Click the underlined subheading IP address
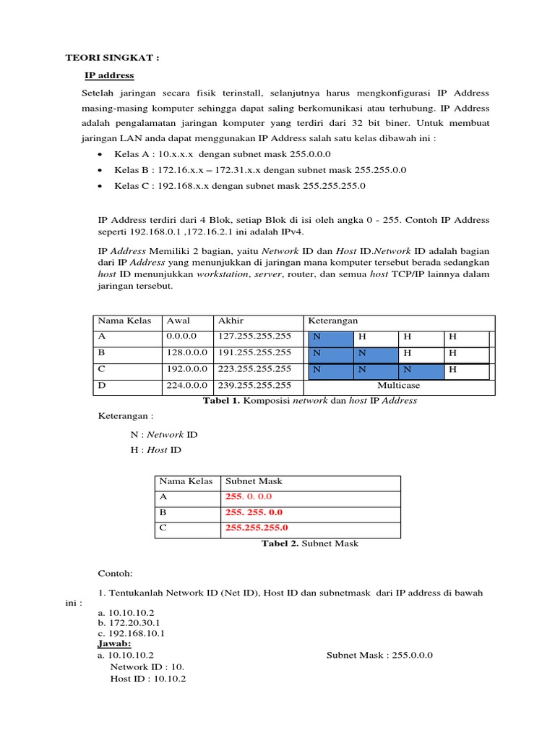click(109, 75)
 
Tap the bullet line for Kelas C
click(240, 185)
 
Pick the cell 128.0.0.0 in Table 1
click(187, 353)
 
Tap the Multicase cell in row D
click(398, 386)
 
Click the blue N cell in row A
click(330, 337)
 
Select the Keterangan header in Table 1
click(333, 321)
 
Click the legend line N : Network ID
click(163, 435)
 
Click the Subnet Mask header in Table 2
click(254, 481)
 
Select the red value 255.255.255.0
click(257, 528)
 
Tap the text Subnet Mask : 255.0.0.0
click(379, 655)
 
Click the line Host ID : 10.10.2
click(148, 679)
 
